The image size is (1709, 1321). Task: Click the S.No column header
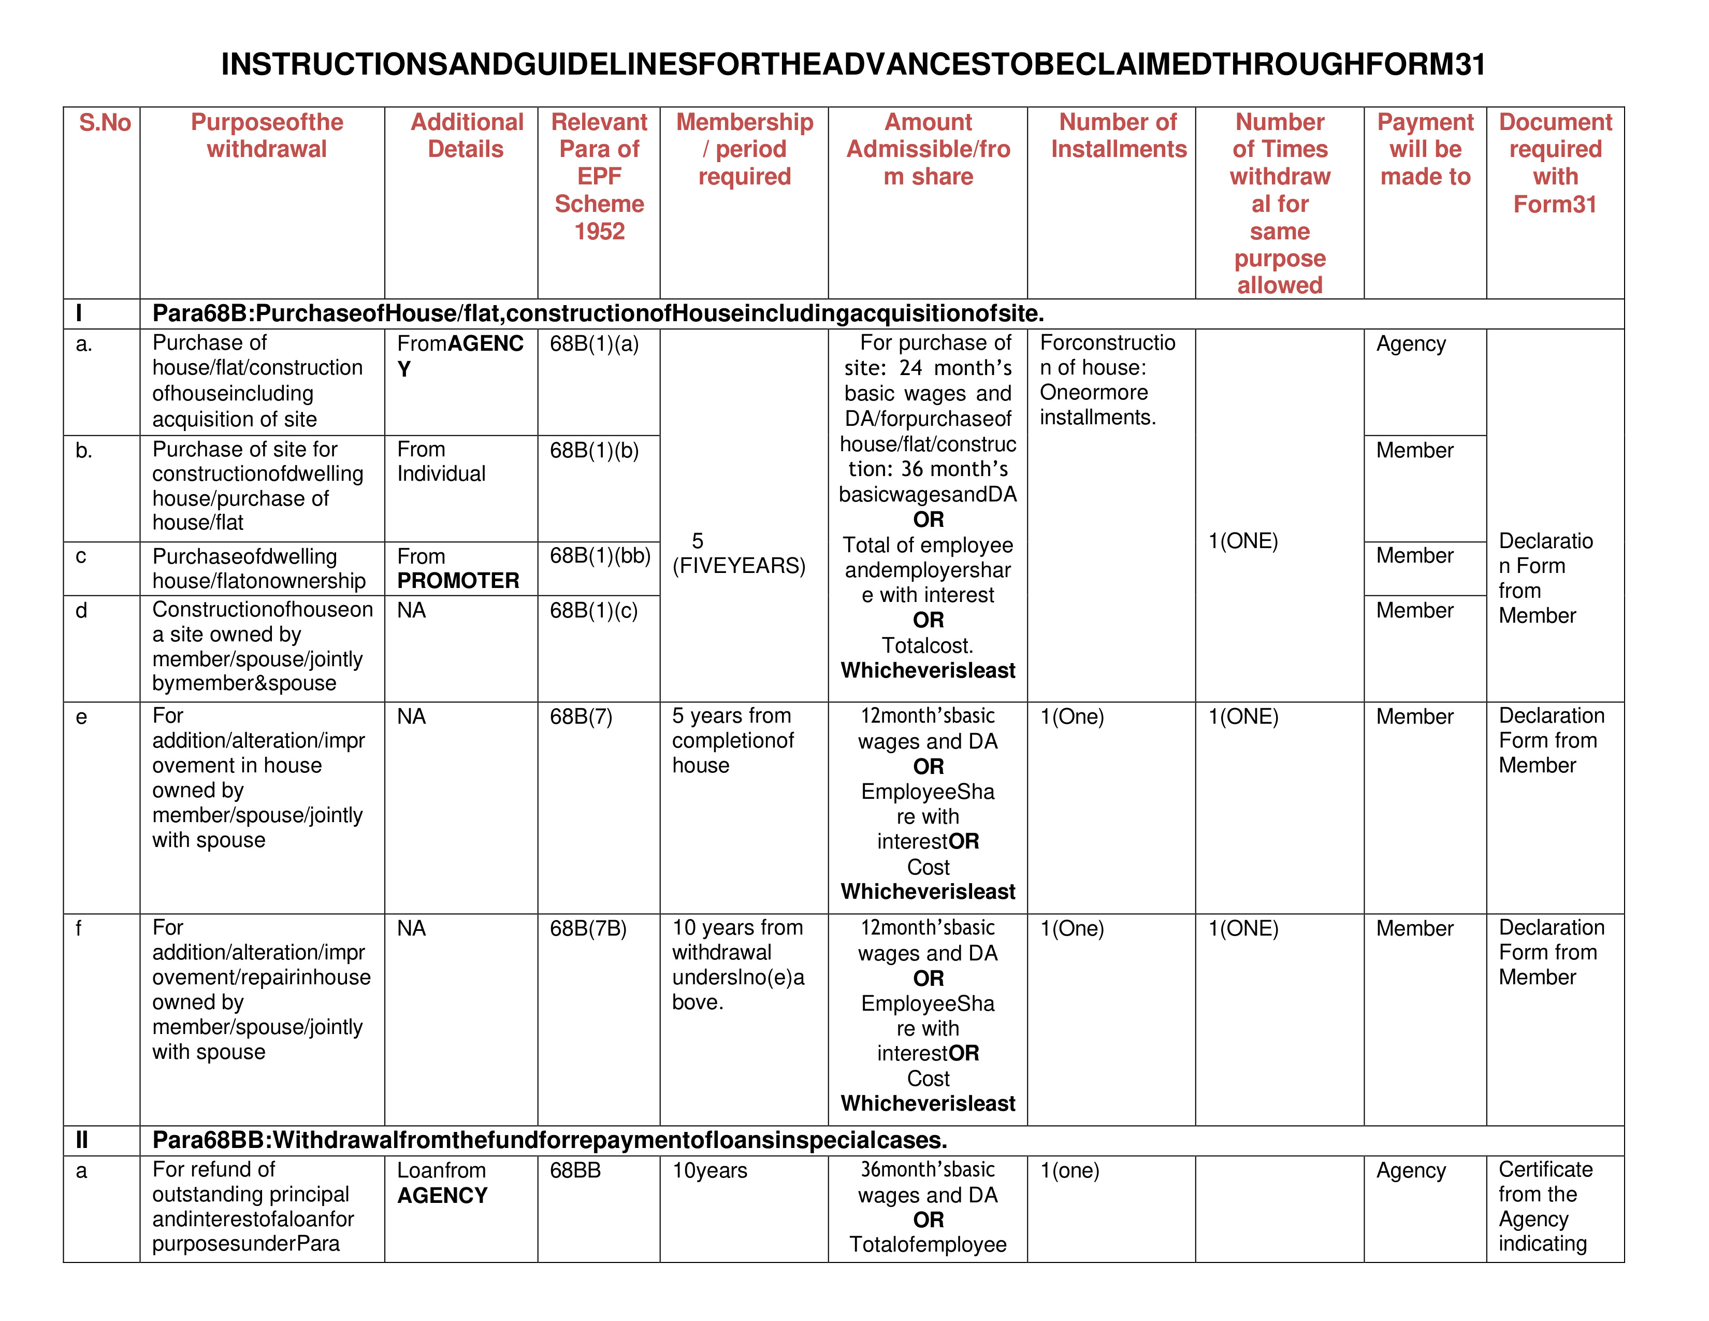point(105,123)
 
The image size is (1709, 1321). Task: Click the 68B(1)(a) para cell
point(594,343)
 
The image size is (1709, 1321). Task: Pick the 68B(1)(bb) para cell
point(600,556)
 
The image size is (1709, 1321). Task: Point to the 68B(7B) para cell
point(588,928)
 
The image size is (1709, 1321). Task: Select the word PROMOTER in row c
point(458,581)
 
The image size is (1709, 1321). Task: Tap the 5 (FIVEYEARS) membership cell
point(738,553)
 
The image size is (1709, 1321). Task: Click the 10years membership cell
point(709,1171)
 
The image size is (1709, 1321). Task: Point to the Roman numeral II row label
point(81,1140)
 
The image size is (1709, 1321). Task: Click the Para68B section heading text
point(598,314)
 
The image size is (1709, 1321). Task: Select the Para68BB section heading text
point(549,1140)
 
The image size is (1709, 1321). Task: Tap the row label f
point(79,928)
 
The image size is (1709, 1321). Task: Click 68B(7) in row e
point(581,717)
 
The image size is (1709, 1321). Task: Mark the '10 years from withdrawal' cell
point(737,964)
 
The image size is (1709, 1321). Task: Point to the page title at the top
point(853,64)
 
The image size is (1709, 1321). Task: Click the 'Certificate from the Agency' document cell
point(1545,1206)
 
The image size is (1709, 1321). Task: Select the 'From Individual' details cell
point(441,462)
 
